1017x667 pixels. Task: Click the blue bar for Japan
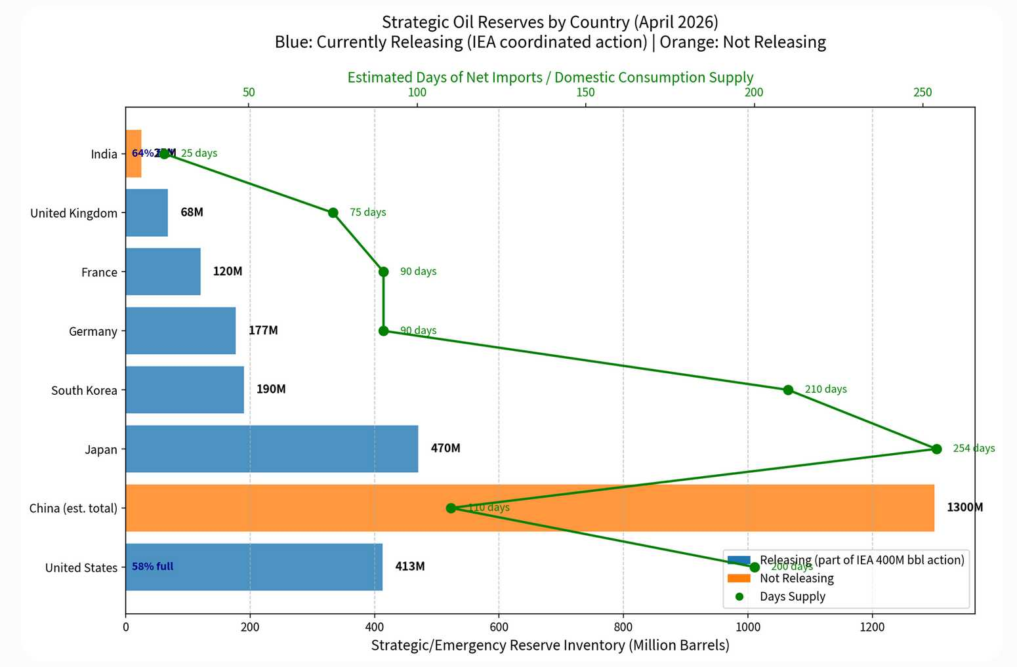pos(272,449)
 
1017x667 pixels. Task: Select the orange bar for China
pos(591,508)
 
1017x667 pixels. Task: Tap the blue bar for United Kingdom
pos(146,212)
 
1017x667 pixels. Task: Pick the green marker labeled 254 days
pos(936,449)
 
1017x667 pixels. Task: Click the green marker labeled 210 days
pos(788,390)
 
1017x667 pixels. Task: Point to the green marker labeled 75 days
pos(333,212)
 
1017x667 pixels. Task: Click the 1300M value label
pos(965,507)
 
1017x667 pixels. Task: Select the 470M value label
pos(446,448)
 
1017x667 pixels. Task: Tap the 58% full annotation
pos(152,566)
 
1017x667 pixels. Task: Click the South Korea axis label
pos(84,390)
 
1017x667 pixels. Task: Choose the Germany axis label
pos(93,331)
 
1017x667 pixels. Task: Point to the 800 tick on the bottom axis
pos(623,626)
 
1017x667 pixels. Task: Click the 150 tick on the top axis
pos(585,92)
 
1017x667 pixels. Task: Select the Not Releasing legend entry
pos(796,578)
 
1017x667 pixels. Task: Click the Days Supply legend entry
pos(792,596)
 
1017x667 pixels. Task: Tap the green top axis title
pos(550,77)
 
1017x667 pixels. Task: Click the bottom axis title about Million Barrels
pos(550,645)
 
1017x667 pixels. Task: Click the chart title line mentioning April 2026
pos(550,22)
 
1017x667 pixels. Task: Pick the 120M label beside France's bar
pos(228,271)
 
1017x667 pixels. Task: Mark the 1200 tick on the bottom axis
pos(872,626)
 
